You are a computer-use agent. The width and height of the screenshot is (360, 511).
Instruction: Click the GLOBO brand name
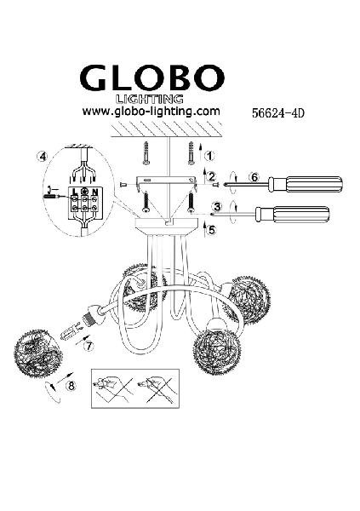pos(151,78)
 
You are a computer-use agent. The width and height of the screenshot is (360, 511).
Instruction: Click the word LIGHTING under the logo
pos(150,99)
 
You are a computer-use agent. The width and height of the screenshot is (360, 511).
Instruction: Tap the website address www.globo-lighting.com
pos(151,112)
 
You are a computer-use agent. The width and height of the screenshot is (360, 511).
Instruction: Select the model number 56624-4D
pos(278,113)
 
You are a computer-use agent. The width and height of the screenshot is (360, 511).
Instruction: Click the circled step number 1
pos(210,156)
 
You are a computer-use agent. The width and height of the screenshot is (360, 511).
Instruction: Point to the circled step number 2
pos(212,177)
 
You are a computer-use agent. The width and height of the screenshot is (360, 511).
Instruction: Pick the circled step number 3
pos(217,207)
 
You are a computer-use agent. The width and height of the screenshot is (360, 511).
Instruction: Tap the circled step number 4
pos(42,157)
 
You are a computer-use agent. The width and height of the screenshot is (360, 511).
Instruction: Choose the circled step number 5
pos(212,230)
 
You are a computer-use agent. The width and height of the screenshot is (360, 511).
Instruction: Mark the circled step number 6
pos(254,178)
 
